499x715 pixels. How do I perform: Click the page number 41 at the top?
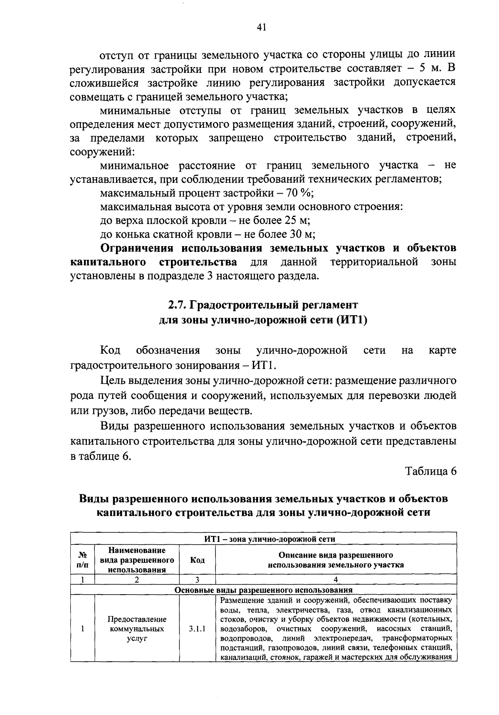(x=261, y=27)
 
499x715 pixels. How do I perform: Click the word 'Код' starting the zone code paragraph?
(x=110, y=351)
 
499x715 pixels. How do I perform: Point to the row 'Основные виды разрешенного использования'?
(x=264, y=590)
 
